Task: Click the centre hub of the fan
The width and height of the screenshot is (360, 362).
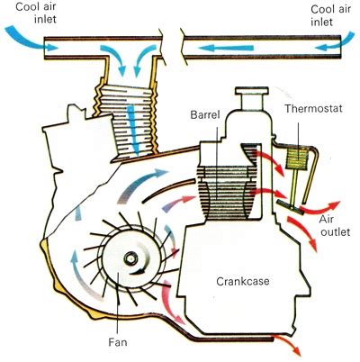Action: (132, 260)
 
